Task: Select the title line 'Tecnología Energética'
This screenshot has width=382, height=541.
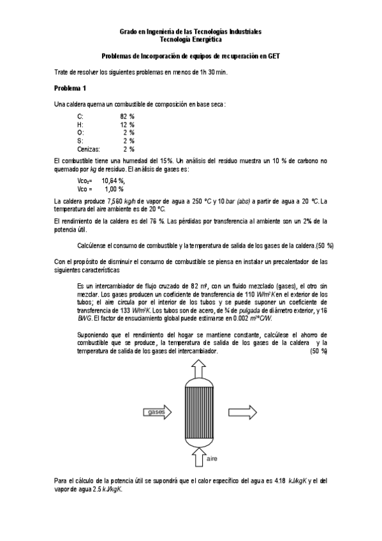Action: pyautogui.click(x=191, y=39)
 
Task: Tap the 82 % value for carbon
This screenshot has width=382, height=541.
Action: pyautogui.click(x=127, y=117)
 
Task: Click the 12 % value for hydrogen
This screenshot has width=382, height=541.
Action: pyautogui.click(x=127, y=124)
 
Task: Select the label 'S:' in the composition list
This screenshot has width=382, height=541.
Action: pyautogui.click(x=80, y=140)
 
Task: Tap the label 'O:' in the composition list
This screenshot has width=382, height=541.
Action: pyautogui.click(x=80, y=133)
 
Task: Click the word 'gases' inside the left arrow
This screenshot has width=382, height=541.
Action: pyautogui.click(x=157, y=412)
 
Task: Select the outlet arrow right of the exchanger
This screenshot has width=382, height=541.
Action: pyautogui.click(x=242, y=410)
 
